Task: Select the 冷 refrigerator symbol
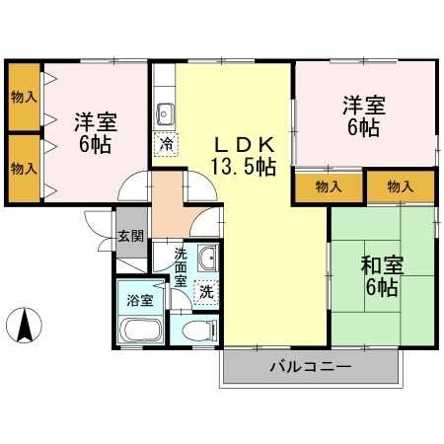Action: click(x=165, y=143)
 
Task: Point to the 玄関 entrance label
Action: click(x=130, y=236)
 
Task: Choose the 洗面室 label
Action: click(x=180, y=266)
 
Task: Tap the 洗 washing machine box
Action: click(x=205, y=291)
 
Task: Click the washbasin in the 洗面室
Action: click(x=207, y=259)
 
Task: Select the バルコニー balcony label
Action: click(x=312, y=368)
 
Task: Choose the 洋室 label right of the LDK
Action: click(x=363, y=104)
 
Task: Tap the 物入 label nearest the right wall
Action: click(x=401, y=186)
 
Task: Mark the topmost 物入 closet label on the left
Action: click(x=24, y=97)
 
